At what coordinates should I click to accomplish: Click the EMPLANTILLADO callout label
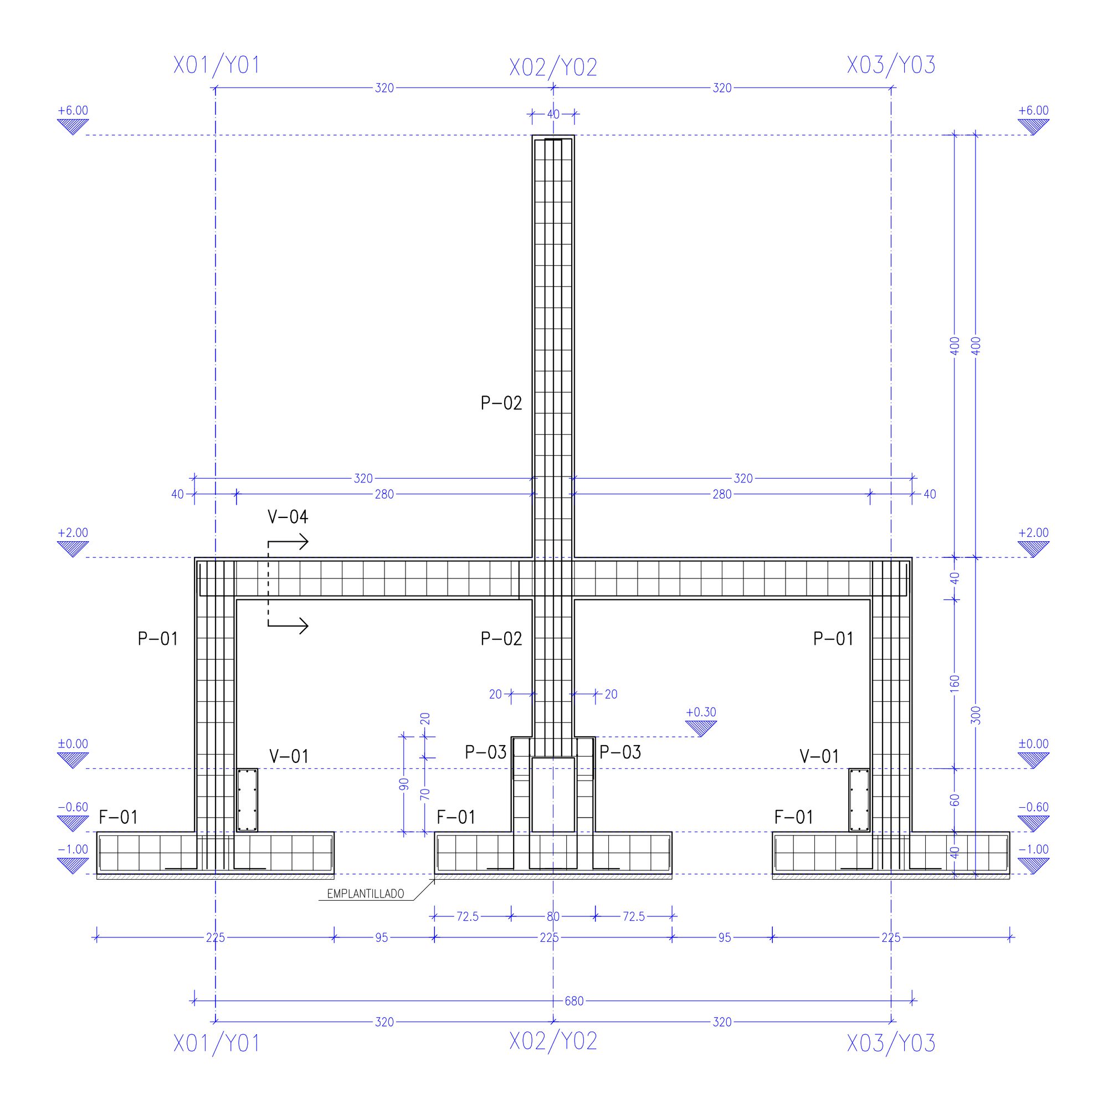tap(365, 894)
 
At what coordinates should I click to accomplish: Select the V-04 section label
tap(288, 517)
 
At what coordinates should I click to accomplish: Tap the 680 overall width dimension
tap(573, 1001)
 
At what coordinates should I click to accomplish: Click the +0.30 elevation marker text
tap(701, 712)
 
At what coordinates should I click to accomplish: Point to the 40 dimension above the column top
tap(553, 114)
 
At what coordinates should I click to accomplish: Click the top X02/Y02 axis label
tap(553, 68)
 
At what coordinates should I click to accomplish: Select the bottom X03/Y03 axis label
tap(891, 1043)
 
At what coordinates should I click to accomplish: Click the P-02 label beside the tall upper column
tap(501, 403)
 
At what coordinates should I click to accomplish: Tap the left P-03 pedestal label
tap(485, 752)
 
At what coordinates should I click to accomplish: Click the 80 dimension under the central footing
tap(553, 916)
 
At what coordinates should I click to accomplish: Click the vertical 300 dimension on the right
tap(977, 715)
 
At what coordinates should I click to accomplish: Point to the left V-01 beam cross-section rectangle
tap(248, 799)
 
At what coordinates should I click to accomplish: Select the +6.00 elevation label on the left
tap(73, 111)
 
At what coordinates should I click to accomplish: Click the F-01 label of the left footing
tap(118, 817)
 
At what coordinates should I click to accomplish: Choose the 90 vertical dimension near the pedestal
tap(404, 784)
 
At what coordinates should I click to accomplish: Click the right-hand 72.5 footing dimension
tap(634, 916)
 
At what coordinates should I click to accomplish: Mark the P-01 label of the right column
tap(833, 638)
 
